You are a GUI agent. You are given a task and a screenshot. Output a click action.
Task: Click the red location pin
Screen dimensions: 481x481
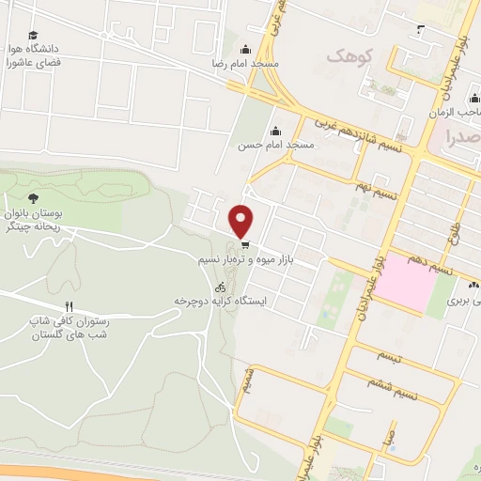click(241, 221)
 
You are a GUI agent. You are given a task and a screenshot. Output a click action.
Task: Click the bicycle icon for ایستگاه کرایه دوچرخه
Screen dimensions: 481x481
click(220, 287)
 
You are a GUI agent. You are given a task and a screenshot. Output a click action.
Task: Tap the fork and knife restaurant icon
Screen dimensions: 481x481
click(69, 306)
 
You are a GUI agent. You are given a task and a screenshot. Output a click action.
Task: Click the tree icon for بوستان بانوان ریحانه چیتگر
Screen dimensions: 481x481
click(34, 198)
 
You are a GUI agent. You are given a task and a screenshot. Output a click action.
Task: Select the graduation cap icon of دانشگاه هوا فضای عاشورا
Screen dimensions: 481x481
click(33, 33)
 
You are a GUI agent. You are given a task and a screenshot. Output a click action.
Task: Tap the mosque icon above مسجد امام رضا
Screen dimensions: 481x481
click(246, 50)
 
